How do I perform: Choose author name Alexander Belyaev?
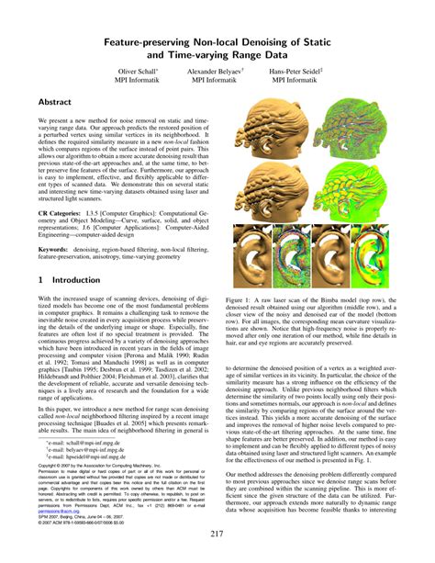click(217, 70)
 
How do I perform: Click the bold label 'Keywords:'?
click(56, 247)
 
